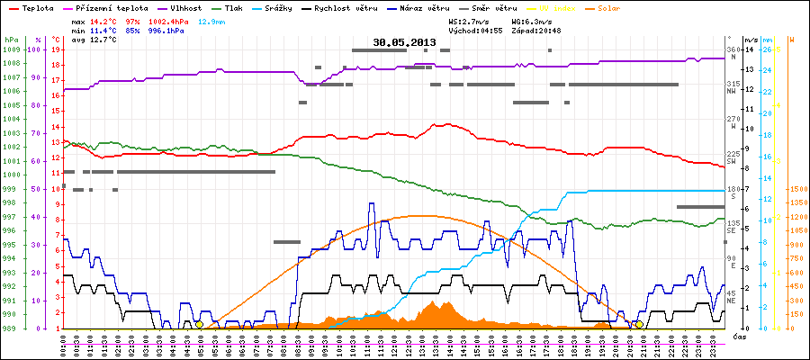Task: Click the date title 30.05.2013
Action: (x=405, y=42)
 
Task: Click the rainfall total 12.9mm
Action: (x=238, y=19)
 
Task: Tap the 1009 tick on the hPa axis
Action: (x=10, y=49)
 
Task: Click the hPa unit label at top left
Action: (x=10, y=40)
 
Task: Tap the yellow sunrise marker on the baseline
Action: (x=199, y=324)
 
